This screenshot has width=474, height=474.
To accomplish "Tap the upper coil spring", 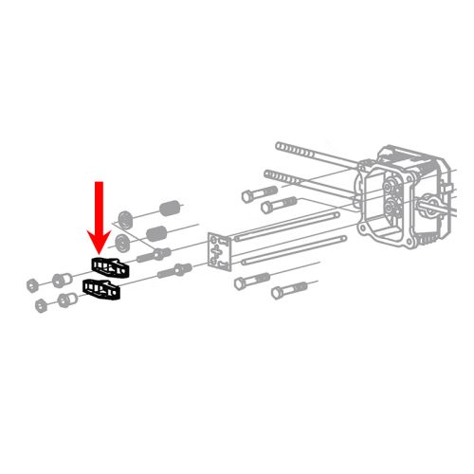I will pos(170,206).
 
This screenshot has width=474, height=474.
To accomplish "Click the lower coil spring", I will pos(159,232).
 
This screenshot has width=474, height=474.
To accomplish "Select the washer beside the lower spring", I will pos(122,245).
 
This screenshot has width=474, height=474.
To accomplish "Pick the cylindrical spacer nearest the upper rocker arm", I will pos(59,280).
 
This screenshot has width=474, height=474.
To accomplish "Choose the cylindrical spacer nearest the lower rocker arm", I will pos(67,301).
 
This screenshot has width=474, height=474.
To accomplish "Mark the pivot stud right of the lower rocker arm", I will pos(176,273).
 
